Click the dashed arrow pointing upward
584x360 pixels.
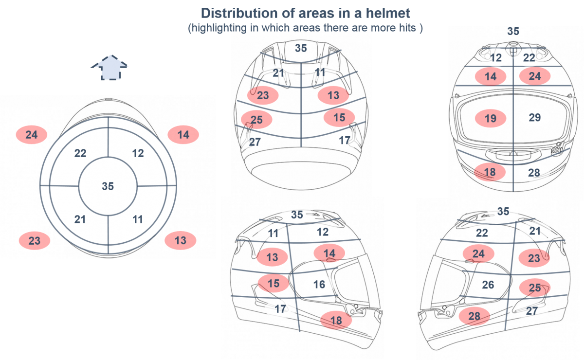(109, 68)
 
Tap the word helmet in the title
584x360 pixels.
(388, 13)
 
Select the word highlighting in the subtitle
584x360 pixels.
(219, 28)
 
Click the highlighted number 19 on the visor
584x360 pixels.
(491, 118)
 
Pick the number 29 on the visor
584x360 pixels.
(535, 118)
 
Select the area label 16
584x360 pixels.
(319, 285)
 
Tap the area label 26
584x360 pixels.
(488, 285)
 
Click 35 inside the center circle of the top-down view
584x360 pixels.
(108, 186)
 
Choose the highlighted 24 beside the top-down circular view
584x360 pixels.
(32, 135)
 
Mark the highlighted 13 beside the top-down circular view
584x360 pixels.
(181, 240)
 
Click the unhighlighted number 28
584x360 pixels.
(534, 173)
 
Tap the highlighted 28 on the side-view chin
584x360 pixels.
(474, 316)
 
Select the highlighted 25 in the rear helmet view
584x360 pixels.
(256, 120)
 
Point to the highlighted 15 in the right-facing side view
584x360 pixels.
(274, 283)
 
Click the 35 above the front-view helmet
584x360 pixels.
(513, 31)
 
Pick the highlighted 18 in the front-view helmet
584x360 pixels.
(490, 172)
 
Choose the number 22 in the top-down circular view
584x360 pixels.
(80, 153)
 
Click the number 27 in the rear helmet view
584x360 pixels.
(255, 142)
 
